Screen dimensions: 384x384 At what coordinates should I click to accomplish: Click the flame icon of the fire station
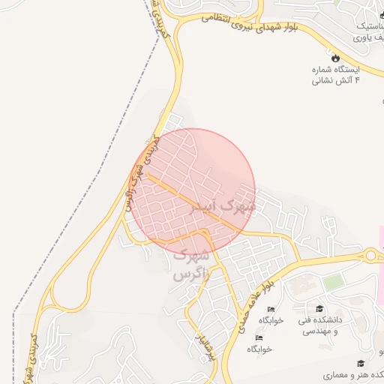(335, 58)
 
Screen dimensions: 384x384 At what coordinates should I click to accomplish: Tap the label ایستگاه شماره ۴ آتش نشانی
(335, 73)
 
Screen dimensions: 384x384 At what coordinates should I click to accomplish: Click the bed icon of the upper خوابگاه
(271, 309)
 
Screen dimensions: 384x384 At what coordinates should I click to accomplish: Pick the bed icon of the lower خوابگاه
(259, 337)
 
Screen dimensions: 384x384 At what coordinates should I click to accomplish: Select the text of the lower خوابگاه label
(259, 349)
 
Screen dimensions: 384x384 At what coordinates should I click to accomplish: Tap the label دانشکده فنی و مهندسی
(319, 325)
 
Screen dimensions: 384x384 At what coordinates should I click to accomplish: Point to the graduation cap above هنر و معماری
(361, 363)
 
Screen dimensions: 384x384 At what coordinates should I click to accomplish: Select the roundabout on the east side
(371, 255)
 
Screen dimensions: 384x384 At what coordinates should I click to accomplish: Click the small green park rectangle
(334, 282)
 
